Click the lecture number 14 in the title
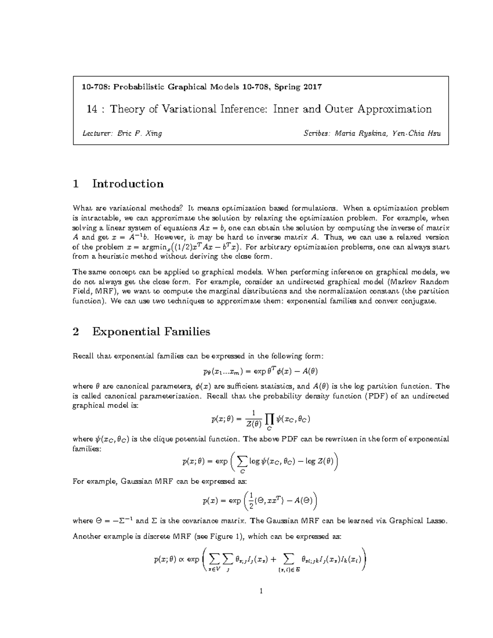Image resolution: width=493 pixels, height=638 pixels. click(x=92, y=109)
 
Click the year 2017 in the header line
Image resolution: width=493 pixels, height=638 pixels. click(x=313, y=87)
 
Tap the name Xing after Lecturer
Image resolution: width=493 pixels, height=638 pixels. click(x=154, y=133)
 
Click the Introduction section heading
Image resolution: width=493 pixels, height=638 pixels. click(x=128, y=184)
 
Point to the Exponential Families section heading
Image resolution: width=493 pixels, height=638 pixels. click(x=151, y=332)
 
